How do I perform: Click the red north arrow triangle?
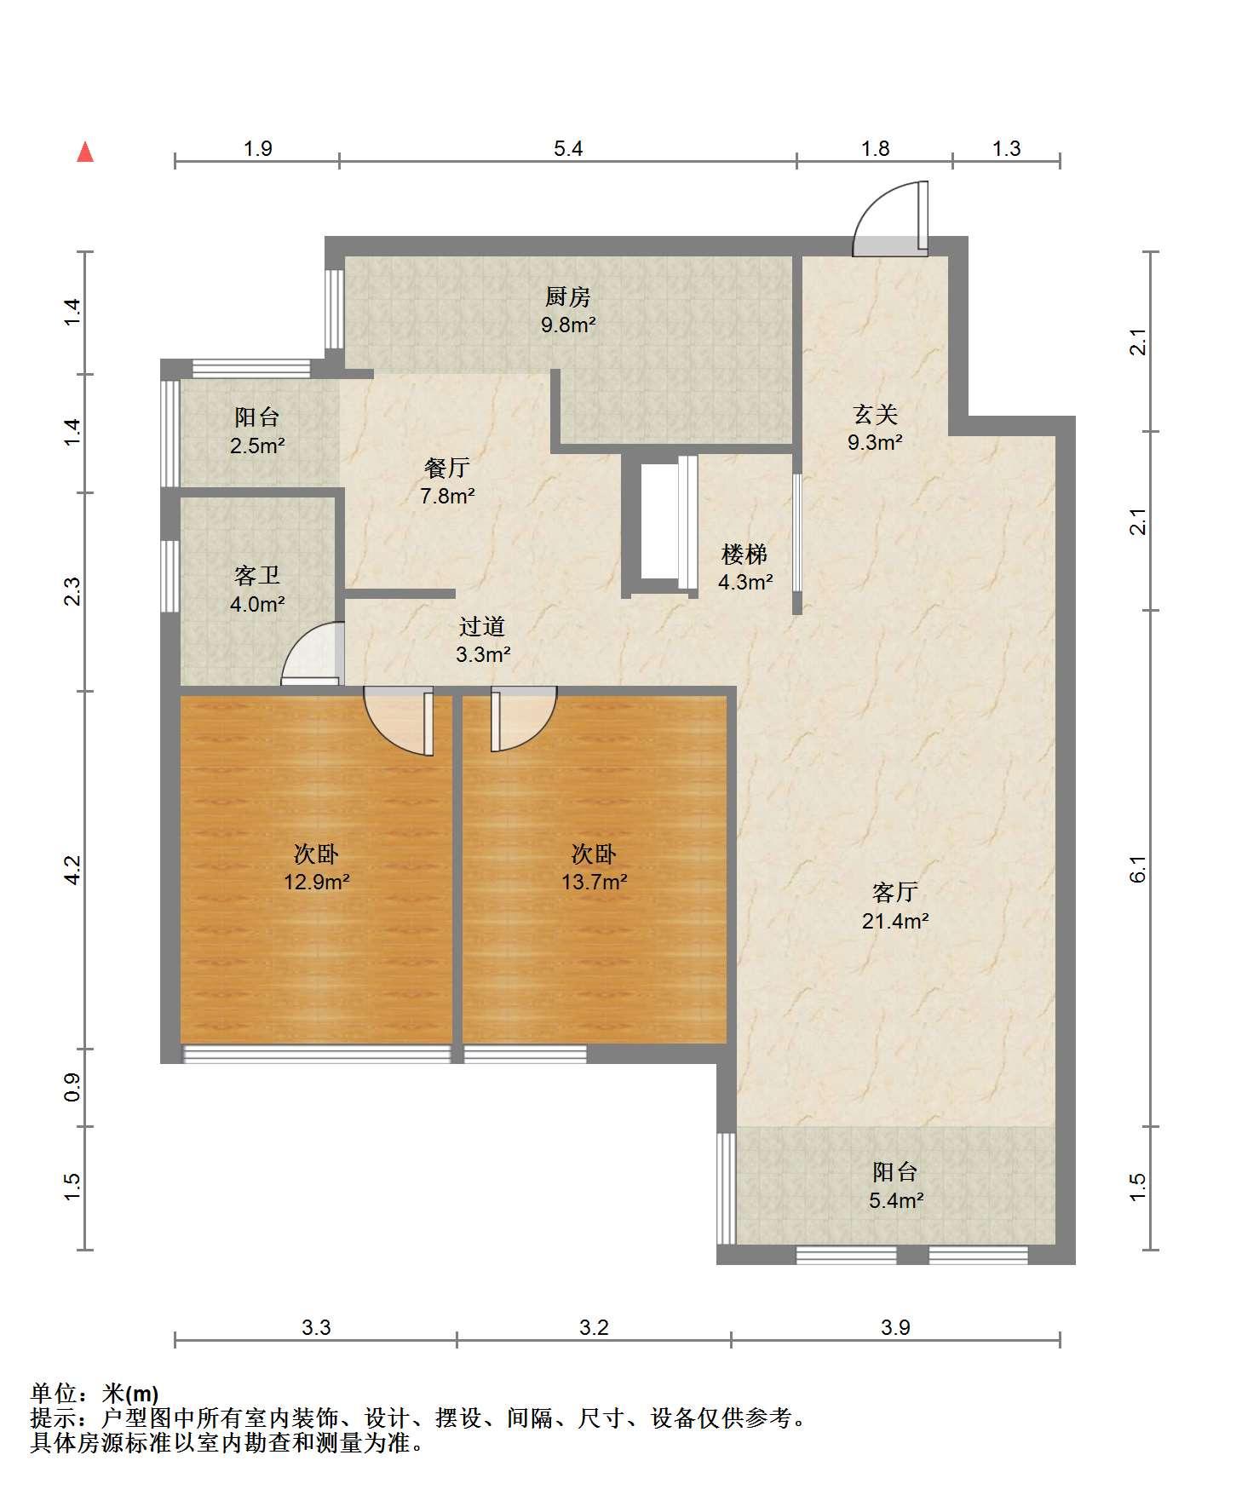click(85, 152)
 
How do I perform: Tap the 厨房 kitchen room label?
click(568, 297)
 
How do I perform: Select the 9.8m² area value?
click(568, 325)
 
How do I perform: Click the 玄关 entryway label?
click(876, 415)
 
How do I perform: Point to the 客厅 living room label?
click(894, 892)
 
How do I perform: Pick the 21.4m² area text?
click(894, 920)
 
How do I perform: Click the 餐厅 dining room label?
click(447, 468)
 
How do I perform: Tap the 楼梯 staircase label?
click(745, 555)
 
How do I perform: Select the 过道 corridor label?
click(483, 627)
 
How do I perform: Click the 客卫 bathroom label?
click(257, 576)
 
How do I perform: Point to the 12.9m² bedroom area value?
click(317, 881)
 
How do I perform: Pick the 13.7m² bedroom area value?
click(594, 881)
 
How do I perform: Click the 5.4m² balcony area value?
click(896, 1200)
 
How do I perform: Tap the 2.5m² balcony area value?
click(257, 445)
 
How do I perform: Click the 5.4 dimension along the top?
click(568, 149)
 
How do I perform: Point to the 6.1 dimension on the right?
click(1139, 869)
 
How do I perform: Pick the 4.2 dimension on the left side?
click(72, 870)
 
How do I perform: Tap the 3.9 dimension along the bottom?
click(896, 1326)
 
